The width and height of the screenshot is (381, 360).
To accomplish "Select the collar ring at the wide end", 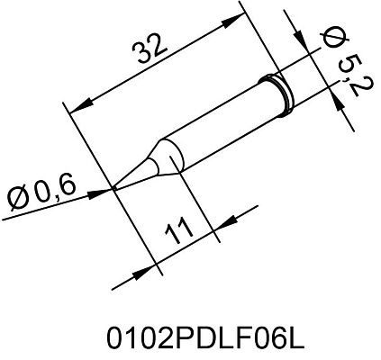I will point(282,89).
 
